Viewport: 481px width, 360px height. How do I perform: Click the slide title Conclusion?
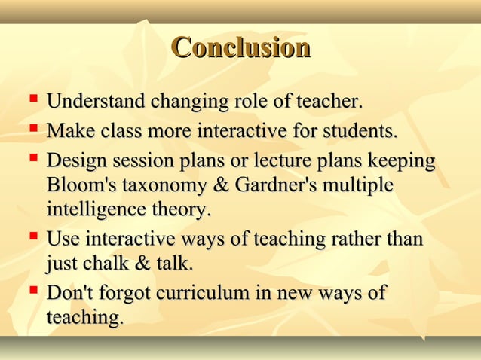(x=240, y=47)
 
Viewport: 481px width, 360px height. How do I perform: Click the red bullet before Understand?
(x=32, y=99)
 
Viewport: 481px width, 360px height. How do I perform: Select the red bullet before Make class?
(x=32, y=129)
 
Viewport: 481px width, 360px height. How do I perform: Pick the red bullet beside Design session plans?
(x=32, y=159)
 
